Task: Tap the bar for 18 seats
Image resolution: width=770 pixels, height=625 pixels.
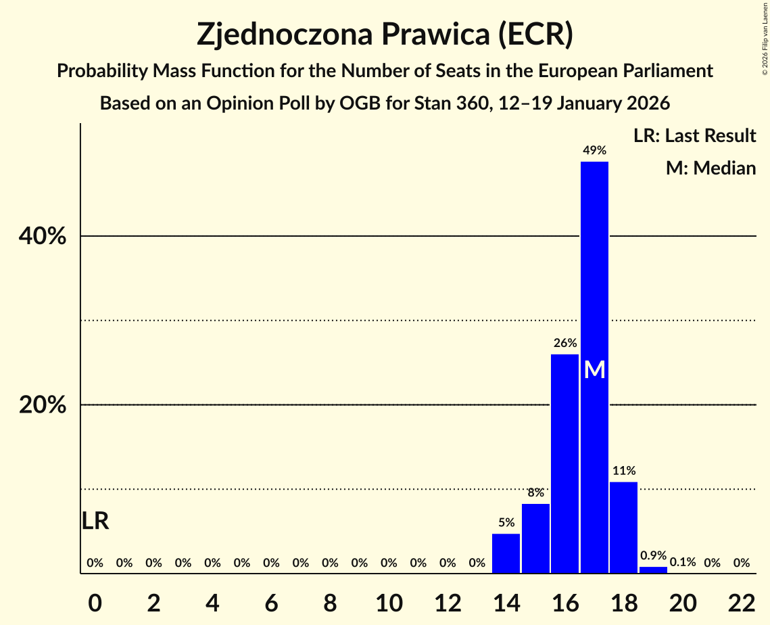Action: click(623, 527)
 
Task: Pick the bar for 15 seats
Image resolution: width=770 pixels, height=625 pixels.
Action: click(535, 538)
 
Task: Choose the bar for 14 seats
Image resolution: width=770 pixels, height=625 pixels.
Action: click(506, 553)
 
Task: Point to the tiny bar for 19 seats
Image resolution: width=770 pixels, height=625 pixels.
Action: click(653, 570)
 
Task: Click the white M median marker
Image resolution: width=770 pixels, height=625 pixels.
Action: click(594, 369)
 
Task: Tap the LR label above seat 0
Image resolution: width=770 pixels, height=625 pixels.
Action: click(95, 521)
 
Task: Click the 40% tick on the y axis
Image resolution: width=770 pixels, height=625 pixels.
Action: click(43, 237)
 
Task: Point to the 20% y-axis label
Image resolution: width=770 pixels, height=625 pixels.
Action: click(43, 405)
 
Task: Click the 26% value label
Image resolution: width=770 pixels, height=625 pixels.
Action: click(564, 343)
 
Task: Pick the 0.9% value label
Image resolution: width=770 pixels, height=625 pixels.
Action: click(653, 555)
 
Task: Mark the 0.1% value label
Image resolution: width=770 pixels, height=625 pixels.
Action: click(683, 563)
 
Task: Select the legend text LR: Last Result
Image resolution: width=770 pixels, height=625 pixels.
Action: click(694, 136)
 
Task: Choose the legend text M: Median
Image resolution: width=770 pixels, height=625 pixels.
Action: click(711, 168)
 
